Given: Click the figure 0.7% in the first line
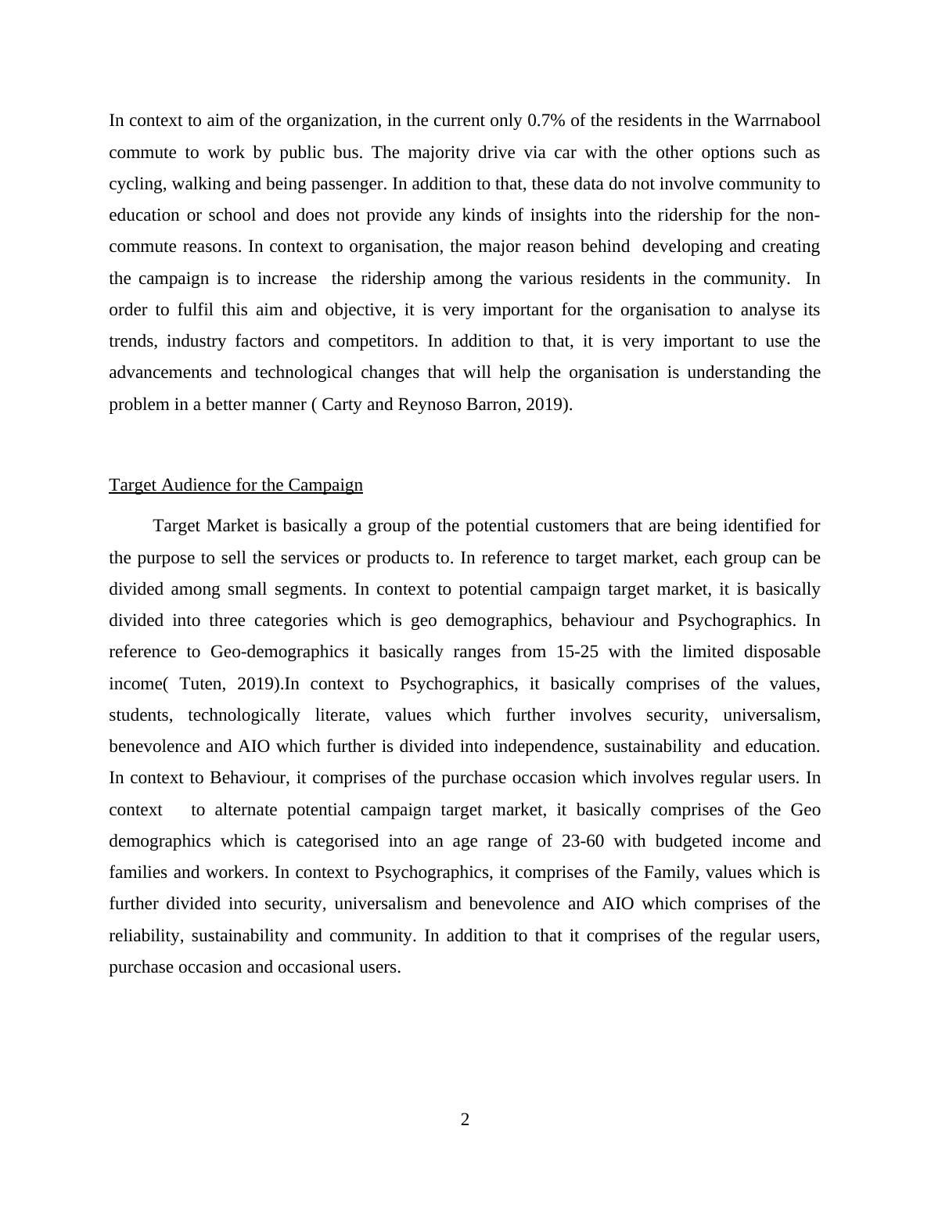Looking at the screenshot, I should tap(546, 120).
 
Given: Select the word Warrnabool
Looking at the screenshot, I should tap(777, 120).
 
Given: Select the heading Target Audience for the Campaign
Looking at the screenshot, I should tap(235, 485).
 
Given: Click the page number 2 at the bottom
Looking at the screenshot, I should tap(465, 1120).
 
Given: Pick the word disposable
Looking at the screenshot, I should tap(782, 652).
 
